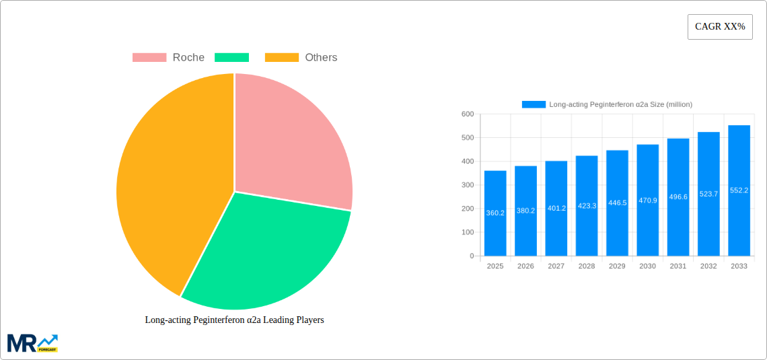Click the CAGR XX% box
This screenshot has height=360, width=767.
point(720,27)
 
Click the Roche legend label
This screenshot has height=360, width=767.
point(188,58)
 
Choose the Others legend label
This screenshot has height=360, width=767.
point(321,58)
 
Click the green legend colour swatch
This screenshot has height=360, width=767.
point(231,58)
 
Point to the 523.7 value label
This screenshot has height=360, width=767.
point(708,194)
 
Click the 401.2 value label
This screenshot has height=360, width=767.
point(556,209)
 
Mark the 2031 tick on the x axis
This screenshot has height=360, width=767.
point(678,266)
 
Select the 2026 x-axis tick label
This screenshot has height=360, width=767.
point(525,266)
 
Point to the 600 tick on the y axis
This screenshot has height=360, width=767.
point(467,114)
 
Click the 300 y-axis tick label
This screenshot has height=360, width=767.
point(467,185)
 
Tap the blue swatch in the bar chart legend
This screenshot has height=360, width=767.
point(534,104)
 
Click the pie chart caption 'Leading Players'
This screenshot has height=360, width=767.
point(234,320)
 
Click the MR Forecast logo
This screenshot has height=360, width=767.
point(32,343)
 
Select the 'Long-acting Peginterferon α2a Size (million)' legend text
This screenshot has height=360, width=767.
point(620,104)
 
